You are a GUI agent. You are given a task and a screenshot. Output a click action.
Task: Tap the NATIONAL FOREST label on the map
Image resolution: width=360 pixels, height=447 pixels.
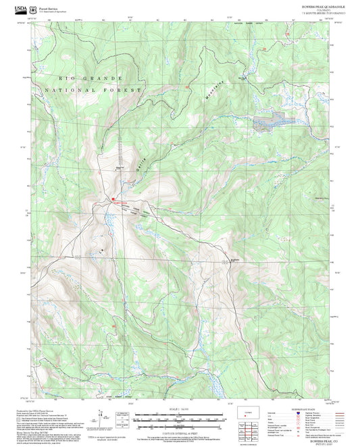pos(95,89)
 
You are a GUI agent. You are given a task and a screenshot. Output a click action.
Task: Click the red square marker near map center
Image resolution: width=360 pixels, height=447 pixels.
pos(112,199)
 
